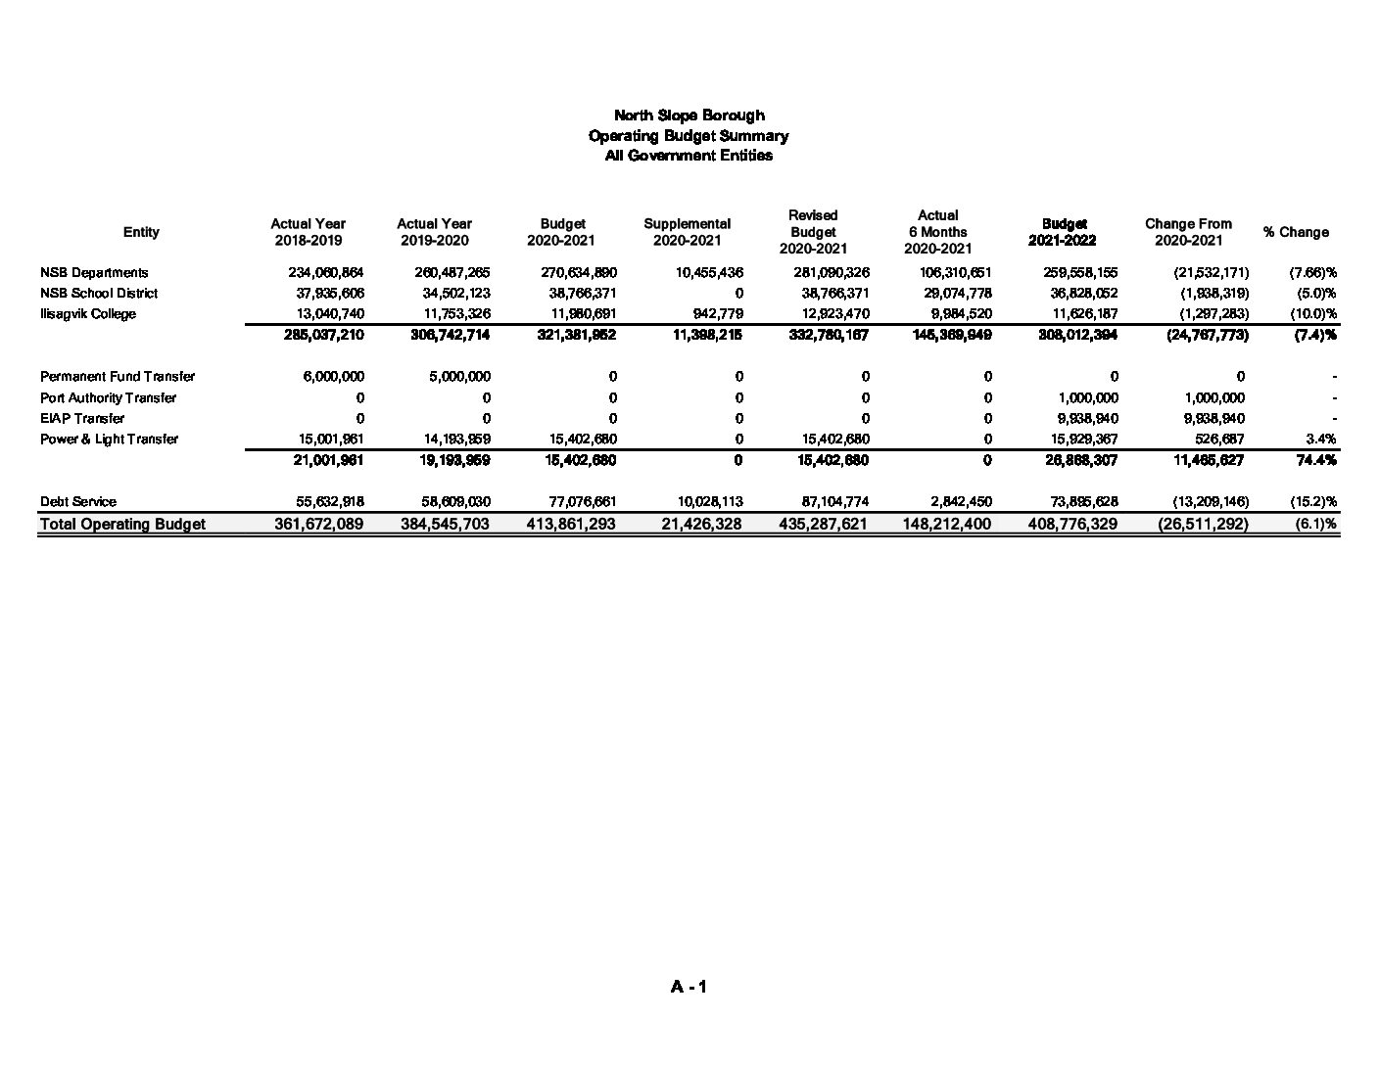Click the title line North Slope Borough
[689, 116]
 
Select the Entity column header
[141, 232]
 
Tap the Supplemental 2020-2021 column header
[687, 232]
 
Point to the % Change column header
[1296, 232]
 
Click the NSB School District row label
[99, 294]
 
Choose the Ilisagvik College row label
[88, 314]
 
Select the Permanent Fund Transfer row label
[118, 377]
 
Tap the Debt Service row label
[78, 502]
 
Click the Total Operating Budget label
[123, 524]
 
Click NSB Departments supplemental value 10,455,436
[709, 273]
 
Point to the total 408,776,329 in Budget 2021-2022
[1072, 524]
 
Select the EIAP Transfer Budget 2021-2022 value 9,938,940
[1082, 419]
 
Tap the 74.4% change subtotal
[1316, 460]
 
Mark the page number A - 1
[689, 987]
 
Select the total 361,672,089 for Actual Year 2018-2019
[318, 524]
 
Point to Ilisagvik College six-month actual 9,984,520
[957, 314]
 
